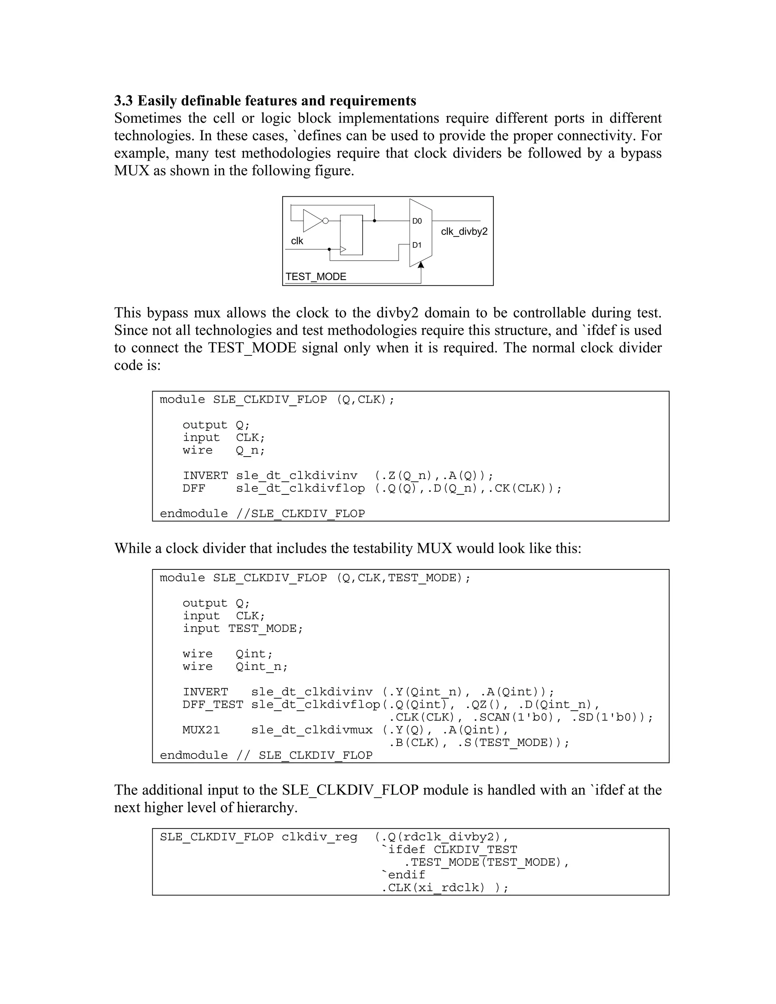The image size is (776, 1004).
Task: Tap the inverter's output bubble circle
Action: click(x=325, y=221)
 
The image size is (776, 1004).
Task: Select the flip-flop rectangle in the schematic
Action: click(x=351, y=235)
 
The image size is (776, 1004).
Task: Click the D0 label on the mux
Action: click(x=416, y=221)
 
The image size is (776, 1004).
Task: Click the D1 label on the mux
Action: click(x=416, y=246)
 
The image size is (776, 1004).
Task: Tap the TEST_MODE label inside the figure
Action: click(x=316, y=277)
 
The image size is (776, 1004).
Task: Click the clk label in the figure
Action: click(x=297, y=241)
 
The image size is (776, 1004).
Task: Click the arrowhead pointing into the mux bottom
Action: click(x=421, y=265)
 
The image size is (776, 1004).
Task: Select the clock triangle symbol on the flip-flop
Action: click(x=343, y=249)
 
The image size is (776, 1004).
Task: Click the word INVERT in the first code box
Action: click(x=205, y=476)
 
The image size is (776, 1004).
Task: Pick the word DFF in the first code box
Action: click(x=194, y=488)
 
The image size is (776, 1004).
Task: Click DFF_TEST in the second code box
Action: click(x=213, y=705)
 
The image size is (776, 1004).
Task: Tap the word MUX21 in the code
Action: click(x=201, y=730)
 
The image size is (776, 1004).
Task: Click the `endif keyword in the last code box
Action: click(x=403, y=875)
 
